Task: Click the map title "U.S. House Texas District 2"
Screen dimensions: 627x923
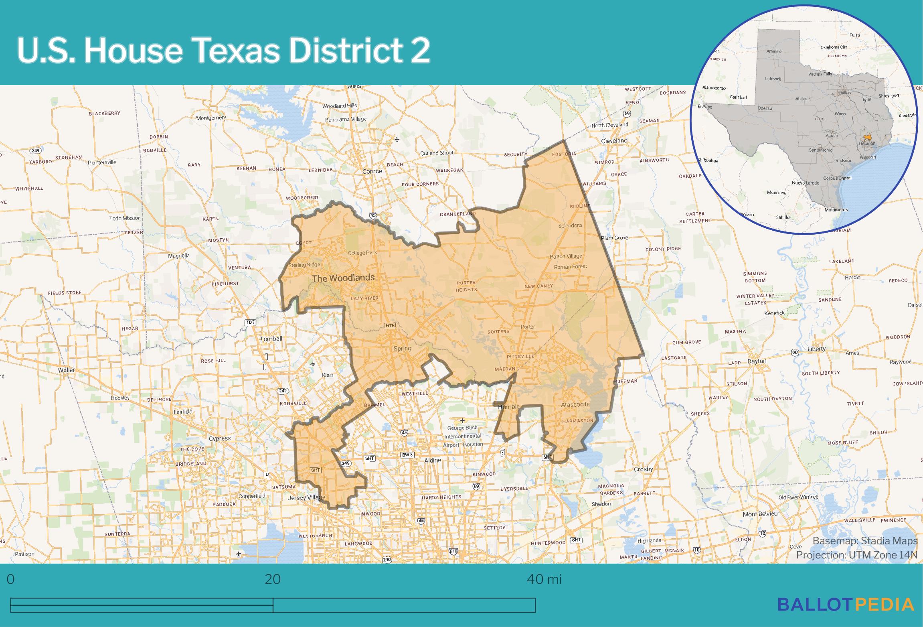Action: click(223, 51)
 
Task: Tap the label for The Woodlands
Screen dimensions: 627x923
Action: click(343, 278)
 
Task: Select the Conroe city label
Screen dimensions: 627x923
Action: click(372, 171)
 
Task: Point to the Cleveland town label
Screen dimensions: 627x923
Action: click(614, 141)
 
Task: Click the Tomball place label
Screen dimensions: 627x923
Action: click(271, 339)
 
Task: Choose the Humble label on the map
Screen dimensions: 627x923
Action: click(508, 407)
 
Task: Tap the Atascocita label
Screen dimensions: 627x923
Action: click(575, 404)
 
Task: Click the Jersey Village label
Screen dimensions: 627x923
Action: click(307, 498)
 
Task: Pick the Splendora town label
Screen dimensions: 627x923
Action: click(570, 225)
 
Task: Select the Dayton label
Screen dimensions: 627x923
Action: click(757, 361)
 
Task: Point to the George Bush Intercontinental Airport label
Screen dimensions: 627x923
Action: click(463, 436)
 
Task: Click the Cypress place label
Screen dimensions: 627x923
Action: click(220, 438)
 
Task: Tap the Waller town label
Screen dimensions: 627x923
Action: click(66, 370)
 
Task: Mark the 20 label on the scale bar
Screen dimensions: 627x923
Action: click(273, 580)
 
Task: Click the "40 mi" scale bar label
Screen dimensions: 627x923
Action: click(544, 579)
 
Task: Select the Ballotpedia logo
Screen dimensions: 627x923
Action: click(846, 604)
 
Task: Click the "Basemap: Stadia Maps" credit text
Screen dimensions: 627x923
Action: click(865, 541)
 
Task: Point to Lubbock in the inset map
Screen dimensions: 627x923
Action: click(773, 79)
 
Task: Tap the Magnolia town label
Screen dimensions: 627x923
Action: click(179, 256)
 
